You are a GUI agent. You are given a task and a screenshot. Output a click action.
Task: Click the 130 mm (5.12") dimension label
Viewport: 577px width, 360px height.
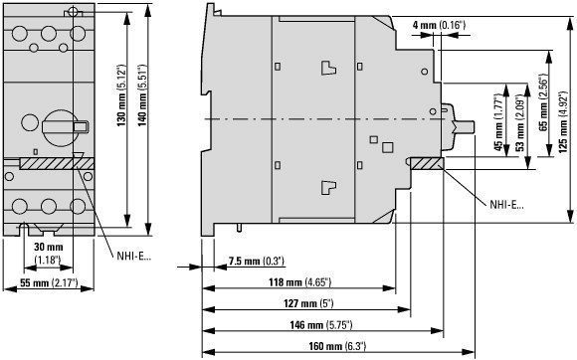pyautogui.click(x=121, y=95)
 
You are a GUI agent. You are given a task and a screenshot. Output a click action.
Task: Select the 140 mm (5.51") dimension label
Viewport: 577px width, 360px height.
pyautogui.click(x=142, y=95)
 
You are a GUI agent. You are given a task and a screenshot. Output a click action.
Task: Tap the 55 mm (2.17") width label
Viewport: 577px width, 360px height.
pyautogui.click(x=49, y=282)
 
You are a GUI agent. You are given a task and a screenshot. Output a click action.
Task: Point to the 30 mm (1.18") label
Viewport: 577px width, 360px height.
pyautogui.click(x=48, y=254)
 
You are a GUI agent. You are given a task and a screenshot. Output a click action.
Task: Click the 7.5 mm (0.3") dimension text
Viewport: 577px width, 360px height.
pyautogui.click(x=257, y=262)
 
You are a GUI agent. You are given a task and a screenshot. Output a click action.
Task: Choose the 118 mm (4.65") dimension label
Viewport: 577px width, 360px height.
pyautogui.click(x=300, y=282)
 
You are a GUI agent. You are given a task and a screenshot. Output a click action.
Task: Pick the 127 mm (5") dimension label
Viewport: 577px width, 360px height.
pyautogui.click(x=308, y=303)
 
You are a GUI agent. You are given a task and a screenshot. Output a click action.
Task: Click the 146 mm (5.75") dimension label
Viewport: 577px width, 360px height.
pyautogui.click(x=321, y=325)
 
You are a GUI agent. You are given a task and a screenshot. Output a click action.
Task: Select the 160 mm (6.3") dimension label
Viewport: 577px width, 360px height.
pyautogui.click(x=337, y=346)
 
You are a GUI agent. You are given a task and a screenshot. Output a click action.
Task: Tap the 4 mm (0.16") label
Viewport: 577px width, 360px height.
pyautogui.click(x=439, y=26)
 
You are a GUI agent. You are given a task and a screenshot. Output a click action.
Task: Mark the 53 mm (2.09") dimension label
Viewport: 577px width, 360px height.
pyautogui.click(x=520, y=123)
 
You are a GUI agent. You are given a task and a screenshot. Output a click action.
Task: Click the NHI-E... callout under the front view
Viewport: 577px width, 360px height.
pyautogui.click(x=134, y=256)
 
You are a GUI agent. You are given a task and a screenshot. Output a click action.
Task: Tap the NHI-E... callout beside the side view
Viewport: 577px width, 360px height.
pyautogui.click(x=506, y=205)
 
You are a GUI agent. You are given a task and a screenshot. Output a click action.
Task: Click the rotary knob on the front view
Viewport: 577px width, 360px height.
pyautogui.click(x=61, y=128)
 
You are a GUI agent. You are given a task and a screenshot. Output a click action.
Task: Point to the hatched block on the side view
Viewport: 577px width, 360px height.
pyautogui.click(x=427, y=163)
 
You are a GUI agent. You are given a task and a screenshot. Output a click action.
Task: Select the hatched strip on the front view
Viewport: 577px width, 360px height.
pyautogui.click(x=57, y=164)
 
